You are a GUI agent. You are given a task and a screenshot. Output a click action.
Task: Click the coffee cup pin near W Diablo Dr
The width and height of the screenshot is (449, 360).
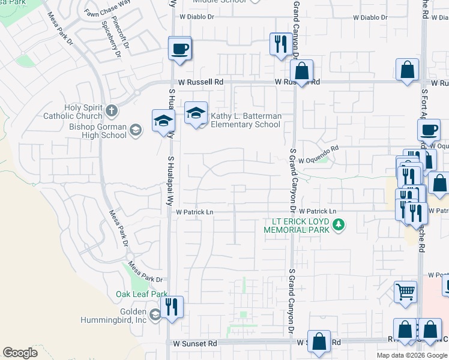(179, 48)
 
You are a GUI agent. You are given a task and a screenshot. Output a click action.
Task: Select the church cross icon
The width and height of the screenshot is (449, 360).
(111, 110)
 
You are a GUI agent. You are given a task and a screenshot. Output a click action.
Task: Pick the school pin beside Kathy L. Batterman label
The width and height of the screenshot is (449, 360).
(196, 113)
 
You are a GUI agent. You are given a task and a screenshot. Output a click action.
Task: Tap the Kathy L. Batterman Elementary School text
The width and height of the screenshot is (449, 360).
(245, 120)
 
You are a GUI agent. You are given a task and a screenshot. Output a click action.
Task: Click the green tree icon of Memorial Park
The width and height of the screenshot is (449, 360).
(339, 225)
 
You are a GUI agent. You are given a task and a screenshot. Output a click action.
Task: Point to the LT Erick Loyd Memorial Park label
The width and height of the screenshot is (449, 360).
(298, 225)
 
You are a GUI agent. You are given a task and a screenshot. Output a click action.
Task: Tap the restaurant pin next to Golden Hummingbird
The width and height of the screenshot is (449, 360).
(172, 308)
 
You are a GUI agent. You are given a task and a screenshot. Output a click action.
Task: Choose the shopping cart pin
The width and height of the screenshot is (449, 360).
(405, 292)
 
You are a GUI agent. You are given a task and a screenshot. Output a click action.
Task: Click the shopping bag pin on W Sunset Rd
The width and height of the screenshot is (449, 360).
(319, 340)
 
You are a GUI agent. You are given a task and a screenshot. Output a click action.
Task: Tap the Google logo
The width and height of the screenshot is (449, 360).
(20, 353)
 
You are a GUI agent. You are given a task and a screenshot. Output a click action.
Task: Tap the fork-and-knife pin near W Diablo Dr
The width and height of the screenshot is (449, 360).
(280, 44)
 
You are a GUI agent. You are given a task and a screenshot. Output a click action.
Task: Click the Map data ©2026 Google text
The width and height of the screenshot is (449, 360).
(412, 355)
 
